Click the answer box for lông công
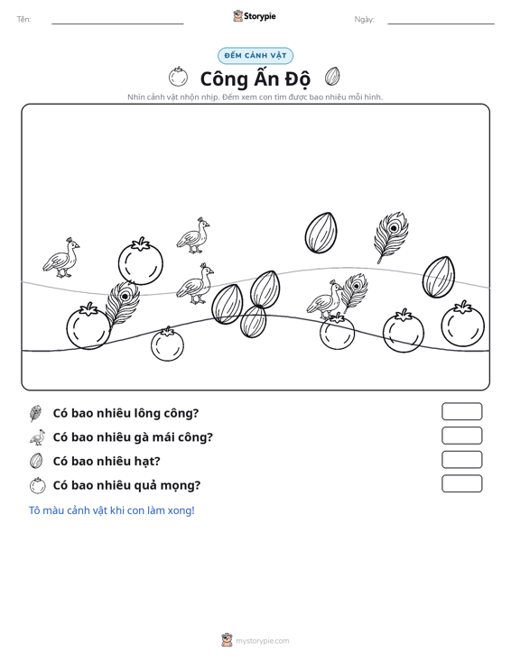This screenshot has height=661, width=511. coord(461,411)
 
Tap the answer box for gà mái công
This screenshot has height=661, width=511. coord(461,436)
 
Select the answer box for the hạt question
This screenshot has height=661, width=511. coord(461,460)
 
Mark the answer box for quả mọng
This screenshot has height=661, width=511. coord(461,483)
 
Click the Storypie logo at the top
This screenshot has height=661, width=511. coord(254,16)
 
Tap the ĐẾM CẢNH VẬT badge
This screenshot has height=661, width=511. coord(255,56)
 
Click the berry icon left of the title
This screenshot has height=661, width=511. coord(178,77)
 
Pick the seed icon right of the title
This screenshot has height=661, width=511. coord(332,77)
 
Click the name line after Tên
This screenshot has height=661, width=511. coord(117,23)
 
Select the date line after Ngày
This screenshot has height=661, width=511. coord(441,23)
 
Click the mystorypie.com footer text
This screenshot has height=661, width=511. coord(262,641)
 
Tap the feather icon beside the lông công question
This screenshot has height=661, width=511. coord(35,413)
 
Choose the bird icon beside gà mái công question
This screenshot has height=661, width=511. coord(37,437)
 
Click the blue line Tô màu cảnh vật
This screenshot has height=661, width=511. coord(111,510)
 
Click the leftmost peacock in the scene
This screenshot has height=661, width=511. coord(61,258)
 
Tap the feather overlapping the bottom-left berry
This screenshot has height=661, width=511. coord(122,303)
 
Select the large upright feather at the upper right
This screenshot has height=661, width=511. coord(391,237)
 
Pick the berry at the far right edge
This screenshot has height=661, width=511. coord(463,324)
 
